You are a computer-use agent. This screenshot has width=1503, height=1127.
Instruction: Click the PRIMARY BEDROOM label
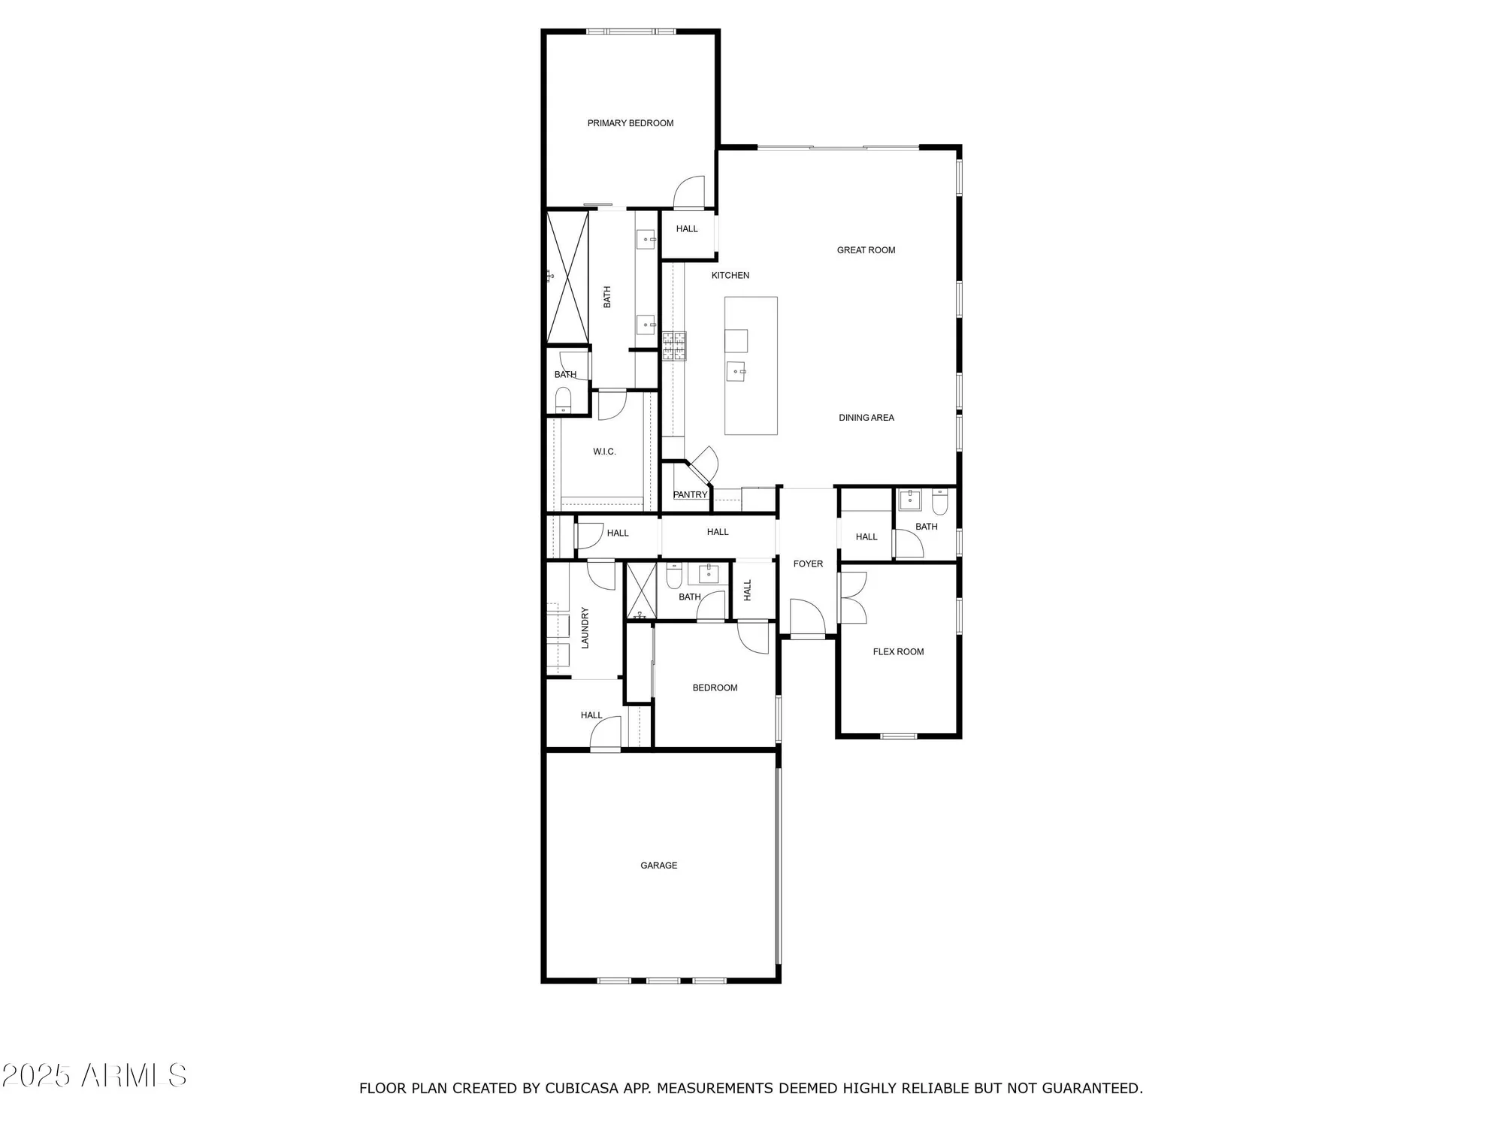pos(630,123)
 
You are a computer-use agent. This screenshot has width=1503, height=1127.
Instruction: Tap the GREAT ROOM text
pos(866,250)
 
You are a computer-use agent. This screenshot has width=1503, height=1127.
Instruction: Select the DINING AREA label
pos(866,418)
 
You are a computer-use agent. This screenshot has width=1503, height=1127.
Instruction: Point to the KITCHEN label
pos(730,276)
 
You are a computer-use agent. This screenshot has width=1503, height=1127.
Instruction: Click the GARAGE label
pos(658,866)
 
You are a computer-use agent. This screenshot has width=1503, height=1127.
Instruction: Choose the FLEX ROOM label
pos(898,652)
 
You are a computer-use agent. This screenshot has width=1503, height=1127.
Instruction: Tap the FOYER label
pos(808,564)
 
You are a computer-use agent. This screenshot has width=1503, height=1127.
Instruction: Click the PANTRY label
pos(690,495)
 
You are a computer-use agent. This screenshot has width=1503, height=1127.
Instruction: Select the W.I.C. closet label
pos(604,452)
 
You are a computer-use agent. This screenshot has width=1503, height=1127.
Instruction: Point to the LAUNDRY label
pos(585,627)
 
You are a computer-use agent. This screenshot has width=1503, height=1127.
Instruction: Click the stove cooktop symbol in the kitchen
pos(674,346)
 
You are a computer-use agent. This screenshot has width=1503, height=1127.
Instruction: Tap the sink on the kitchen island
pos(736,371)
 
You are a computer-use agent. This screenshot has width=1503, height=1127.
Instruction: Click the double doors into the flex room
pos(853,597)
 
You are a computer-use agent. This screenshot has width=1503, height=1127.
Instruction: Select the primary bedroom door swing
pos(689,193)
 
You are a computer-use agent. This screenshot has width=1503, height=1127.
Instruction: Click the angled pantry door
pos(704,466)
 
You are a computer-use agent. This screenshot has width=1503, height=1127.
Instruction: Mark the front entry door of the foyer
pos(809,618)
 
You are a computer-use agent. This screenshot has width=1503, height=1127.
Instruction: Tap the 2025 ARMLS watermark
pos(94,1076)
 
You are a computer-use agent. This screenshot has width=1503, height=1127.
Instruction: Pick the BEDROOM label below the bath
pos(715,688)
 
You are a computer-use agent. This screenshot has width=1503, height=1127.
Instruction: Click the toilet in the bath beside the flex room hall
pos(940,500)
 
